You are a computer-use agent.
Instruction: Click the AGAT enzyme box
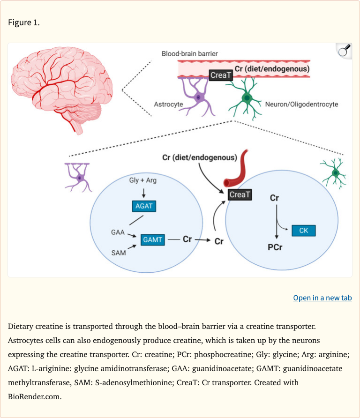144,206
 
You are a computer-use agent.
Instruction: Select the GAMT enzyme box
153,239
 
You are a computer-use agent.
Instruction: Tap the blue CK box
303,231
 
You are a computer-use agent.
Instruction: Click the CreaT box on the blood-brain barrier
221,75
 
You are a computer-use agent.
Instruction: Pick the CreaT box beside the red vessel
240,194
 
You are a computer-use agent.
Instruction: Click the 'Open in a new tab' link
322,298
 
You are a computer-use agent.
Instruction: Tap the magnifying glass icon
344,50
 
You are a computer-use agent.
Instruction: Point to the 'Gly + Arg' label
143,180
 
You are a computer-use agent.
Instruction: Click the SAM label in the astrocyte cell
119,253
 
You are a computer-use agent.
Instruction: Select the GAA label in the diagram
118,232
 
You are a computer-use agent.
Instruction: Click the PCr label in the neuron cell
275,247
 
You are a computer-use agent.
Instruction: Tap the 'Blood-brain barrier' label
189,54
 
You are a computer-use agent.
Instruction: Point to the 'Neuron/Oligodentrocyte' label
301,104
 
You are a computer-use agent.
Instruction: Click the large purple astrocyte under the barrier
197,97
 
